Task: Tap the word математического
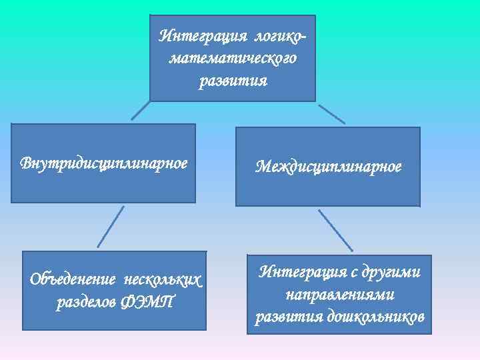233,59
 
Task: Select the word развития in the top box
233,81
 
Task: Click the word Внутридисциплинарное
104,163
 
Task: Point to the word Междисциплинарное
328,166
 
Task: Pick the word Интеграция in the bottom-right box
299,272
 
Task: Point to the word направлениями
340,294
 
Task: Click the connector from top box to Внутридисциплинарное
141,110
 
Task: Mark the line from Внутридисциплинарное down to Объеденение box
111,226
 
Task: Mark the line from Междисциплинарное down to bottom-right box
335,231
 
